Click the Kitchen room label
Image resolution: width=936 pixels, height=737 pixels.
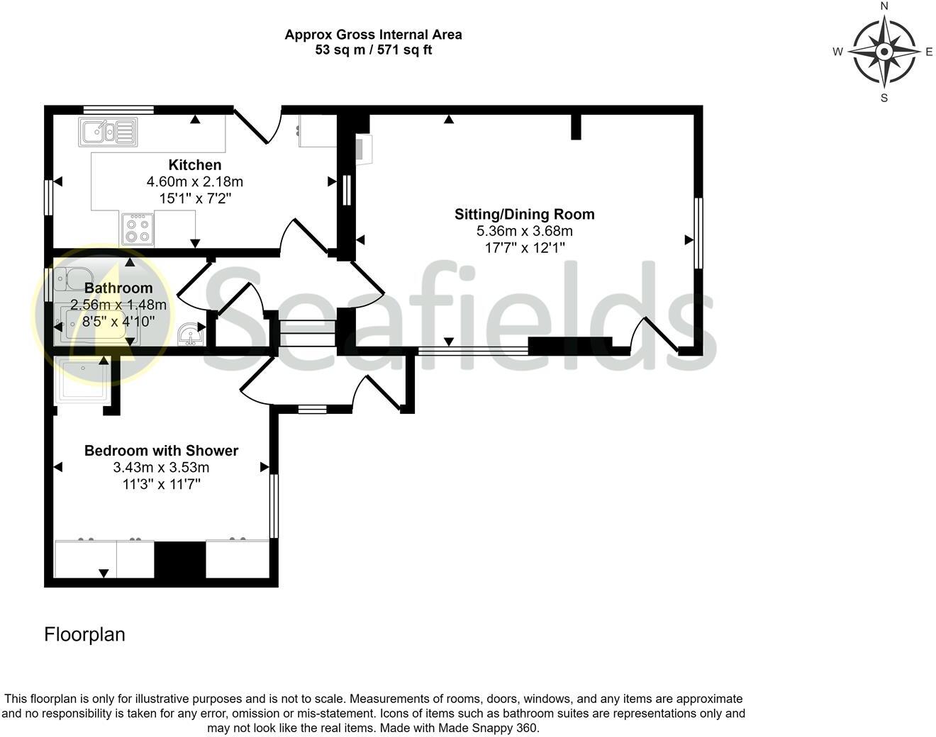[194, 165]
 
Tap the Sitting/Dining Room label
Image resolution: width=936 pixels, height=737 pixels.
[524, 214]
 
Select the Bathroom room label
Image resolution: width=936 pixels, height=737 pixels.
[118, 288]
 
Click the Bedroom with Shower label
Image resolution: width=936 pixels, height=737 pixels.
[161, 451]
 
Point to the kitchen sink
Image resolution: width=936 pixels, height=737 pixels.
[108, 132]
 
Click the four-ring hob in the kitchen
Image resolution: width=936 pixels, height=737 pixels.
[137, 229]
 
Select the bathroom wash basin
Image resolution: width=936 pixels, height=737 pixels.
[189, 333]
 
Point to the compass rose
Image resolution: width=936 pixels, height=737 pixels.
[884, 52]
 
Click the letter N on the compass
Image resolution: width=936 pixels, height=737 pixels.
[884, 6]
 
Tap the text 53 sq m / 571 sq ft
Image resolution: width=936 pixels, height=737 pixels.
[373, 50]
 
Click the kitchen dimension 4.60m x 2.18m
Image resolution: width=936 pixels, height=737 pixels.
[194, 182]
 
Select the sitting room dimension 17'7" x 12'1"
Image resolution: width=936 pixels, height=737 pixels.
[524, 248]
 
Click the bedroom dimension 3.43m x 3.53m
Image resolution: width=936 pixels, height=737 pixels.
[161, 468]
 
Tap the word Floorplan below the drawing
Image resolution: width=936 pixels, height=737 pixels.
[84, 634]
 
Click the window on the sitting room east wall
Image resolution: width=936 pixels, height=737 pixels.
[698, 233]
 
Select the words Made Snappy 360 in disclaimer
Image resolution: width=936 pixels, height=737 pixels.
[488, 728]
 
